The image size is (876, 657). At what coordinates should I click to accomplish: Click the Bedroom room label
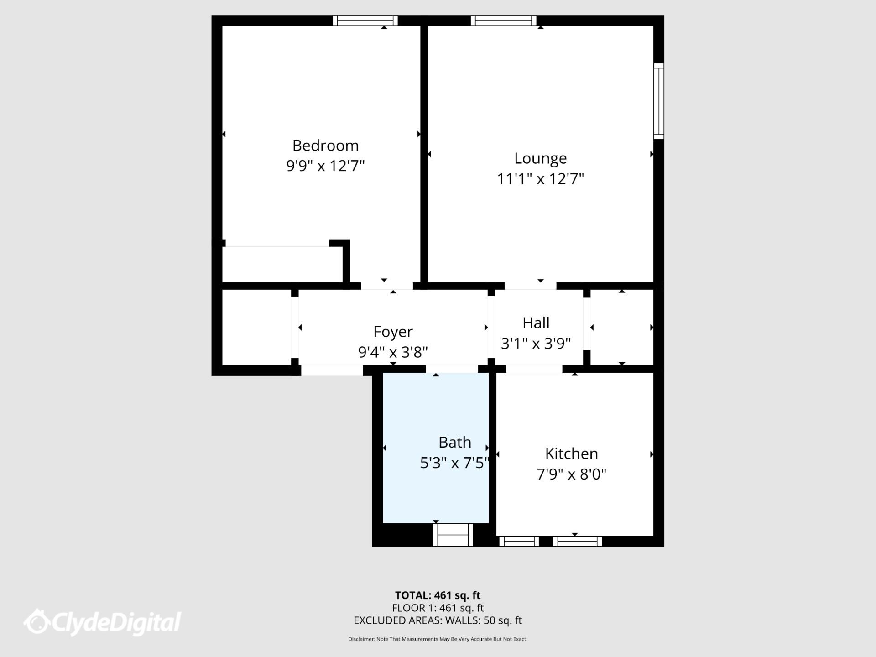pyautogui.click(x=325, y=146)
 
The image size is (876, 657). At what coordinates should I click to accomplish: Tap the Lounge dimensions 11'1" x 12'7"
pyautogui.click(x=540, y=179)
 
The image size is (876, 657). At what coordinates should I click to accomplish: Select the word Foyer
pyautogui.click(x=393, y=332)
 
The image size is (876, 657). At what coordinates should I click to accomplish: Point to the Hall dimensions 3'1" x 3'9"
pyautogui.click(x=536, y=343)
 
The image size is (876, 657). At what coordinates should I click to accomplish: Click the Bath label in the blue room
pyautogui.click(x=454, y=442)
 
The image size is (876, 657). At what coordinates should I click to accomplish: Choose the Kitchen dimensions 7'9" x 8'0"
pyautogui.click(x=571, y=474)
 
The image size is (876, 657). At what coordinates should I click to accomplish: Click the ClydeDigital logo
pyautogui.click(x=103, y=622)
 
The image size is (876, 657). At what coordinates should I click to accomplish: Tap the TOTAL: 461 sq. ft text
pyautogui.click(x=438, y=595)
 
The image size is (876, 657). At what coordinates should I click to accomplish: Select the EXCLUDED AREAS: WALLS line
pyautogui.click(x=438, y=620)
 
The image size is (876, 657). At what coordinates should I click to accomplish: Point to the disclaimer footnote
pyautogui.click(x=438, y=639)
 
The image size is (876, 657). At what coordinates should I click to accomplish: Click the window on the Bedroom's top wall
pyautogui.click(x=365, y=20)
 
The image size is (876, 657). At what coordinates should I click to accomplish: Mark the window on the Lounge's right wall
pyautogui.click(x=658, y=101)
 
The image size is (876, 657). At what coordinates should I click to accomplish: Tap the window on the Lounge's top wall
pyautogui.click(x=504, y=20)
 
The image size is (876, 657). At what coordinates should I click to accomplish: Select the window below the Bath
pyautogui.click(x=453, y=535)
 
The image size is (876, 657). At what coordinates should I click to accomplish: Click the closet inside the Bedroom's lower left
pyautogui.click(x=282, y=265)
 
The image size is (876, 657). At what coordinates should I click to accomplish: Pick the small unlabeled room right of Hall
pyautogui.click(x=622, y=327)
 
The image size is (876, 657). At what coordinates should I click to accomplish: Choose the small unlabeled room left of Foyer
pyautogui.click(x=256, y=327)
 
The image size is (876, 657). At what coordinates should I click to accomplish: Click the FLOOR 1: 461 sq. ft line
pyautogui.click(x=438, y=608)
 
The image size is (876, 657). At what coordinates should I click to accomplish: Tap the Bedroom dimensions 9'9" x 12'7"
pyautogui.click(x=325, y=166)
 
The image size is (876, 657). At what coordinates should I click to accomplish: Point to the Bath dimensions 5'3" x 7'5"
pyautogui.click(x=454, y=463)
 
